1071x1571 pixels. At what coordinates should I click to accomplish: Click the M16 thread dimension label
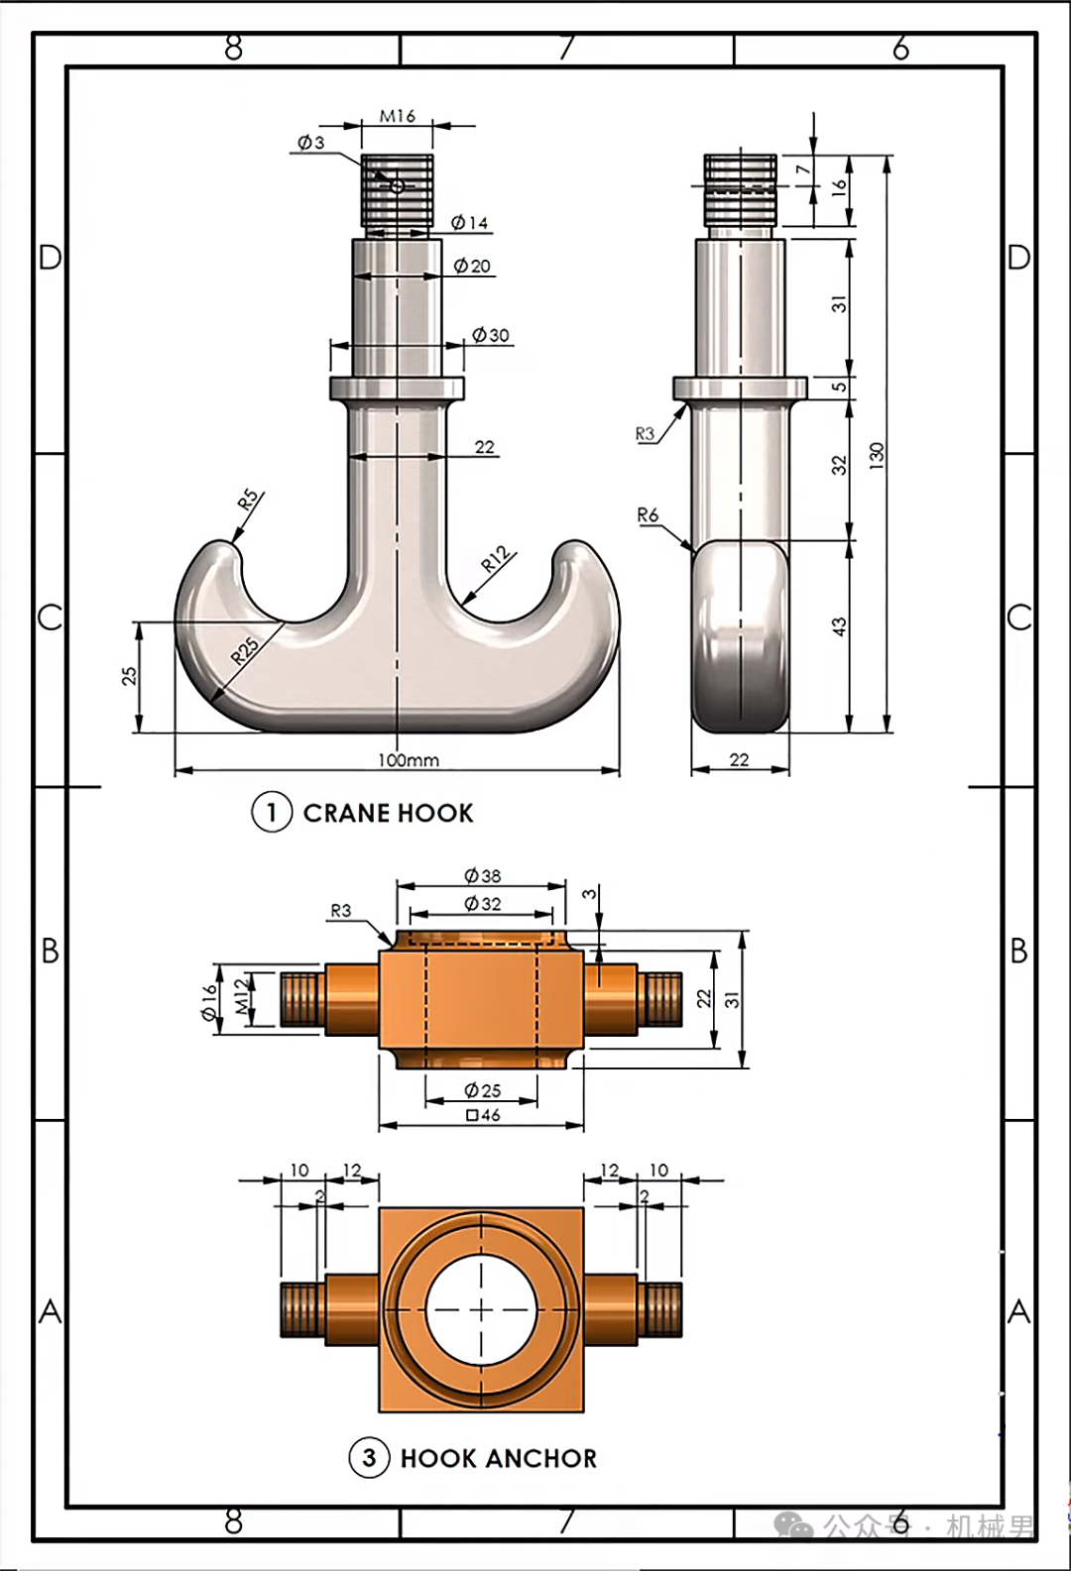point(398,116)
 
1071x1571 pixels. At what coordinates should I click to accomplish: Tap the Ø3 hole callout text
point(311,143)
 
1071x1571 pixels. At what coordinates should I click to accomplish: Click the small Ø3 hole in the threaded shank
point(398,186)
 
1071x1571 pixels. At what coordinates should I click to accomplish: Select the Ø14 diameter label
point(469,222)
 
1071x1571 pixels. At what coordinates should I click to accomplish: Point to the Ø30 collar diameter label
point(491,335)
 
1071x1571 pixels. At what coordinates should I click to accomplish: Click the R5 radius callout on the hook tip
point(248,500)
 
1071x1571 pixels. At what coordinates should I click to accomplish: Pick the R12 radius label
point(496,559)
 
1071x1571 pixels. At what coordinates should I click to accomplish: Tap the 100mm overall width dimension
point(409,759)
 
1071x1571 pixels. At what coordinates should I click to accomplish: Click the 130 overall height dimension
point(877,456)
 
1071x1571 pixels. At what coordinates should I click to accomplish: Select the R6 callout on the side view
point(648,515)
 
